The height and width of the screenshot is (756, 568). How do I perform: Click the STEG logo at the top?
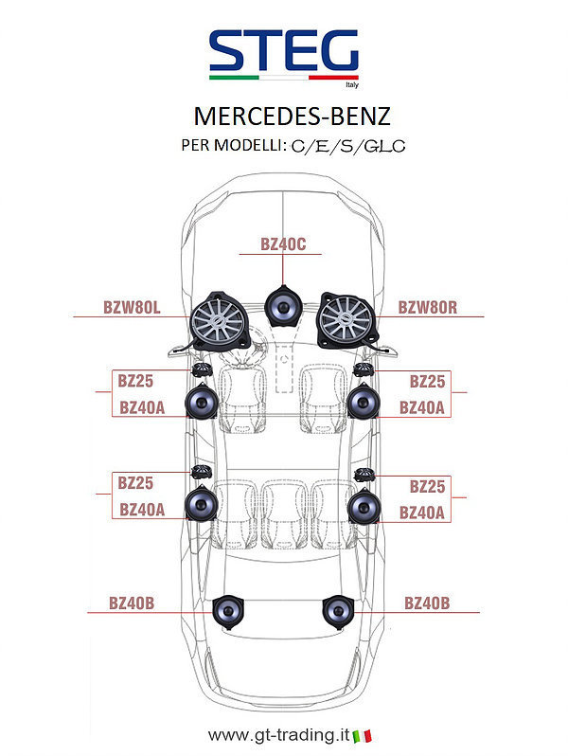tap(284, 52)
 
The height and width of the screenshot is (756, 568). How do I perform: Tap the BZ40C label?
tap(283, 244)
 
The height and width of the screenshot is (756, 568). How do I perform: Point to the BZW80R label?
tap(428, 307)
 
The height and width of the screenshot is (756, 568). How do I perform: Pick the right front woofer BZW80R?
tap(346, 320)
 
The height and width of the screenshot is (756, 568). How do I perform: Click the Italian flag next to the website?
tap(362, 735)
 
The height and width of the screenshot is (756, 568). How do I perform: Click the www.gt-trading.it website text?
tap(276, 735)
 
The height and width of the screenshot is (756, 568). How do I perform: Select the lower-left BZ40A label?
tap(142, 509)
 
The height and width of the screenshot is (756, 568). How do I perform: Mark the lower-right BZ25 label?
tap(427, 485)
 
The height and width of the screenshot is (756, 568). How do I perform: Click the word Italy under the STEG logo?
tap(351, 83)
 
